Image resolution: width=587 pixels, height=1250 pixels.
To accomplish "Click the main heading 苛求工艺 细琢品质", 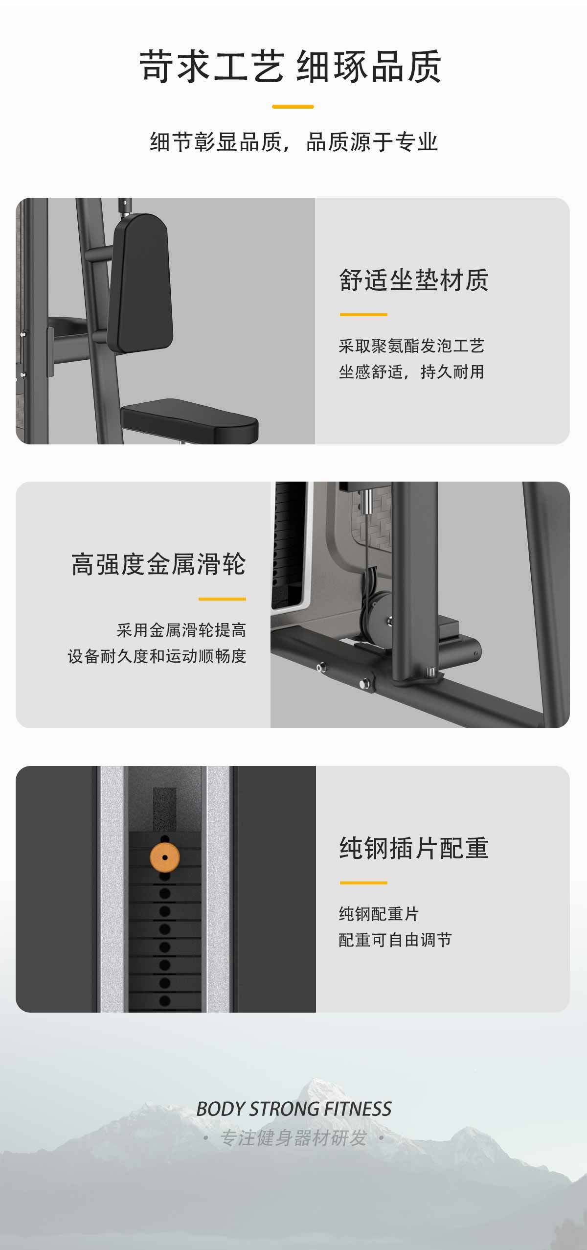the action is coord(291,67).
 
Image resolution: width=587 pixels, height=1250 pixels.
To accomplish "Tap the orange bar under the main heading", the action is coord(293,106).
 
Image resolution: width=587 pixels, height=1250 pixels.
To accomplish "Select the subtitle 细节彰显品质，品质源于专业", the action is coord(293,142).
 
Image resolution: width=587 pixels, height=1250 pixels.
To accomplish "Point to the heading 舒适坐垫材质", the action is coord(414,280).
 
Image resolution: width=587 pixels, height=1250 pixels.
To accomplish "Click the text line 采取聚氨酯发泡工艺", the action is coord(412,346).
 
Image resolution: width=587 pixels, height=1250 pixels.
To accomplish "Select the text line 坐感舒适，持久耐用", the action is coord(412,372).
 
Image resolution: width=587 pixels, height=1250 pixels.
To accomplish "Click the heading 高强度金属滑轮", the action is coord(158,564).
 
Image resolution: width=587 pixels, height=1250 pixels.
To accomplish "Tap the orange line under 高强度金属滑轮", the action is coord(222,599).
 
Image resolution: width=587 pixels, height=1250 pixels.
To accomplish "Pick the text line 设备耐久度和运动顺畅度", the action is coord(157,656).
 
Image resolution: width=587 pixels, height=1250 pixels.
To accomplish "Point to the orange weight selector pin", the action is coord(165,858).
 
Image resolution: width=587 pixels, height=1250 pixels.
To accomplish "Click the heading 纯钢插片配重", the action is coord(414,848).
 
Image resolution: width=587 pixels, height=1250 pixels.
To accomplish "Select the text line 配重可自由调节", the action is coord(395,940).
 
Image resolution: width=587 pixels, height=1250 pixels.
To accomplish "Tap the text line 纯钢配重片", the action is coord(379,914).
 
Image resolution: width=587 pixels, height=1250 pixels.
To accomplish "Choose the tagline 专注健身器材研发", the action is coord(293,1138).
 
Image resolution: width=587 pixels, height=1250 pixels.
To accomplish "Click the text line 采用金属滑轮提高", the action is coord(181,630).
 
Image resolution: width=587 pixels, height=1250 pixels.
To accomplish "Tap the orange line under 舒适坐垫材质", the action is coord(363,315).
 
